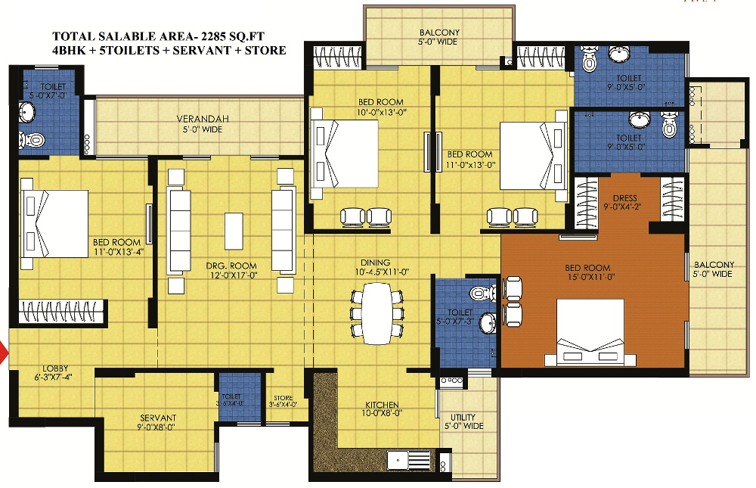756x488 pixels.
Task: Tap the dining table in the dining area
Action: point(376,312)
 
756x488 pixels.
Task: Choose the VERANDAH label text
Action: point(199,119)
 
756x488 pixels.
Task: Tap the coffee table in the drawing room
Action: point(234,230)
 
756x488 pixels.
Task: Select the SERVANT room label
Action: point(158,418)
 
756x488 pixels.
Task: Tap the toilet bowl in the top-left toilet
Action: point(32,139)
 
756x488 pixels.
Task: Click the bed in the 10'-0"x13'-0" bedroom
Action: point(344,154)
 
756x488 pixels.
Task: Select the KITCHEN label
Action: point(380,405)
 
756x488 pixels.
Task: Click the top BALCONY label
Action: point(439,33)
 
